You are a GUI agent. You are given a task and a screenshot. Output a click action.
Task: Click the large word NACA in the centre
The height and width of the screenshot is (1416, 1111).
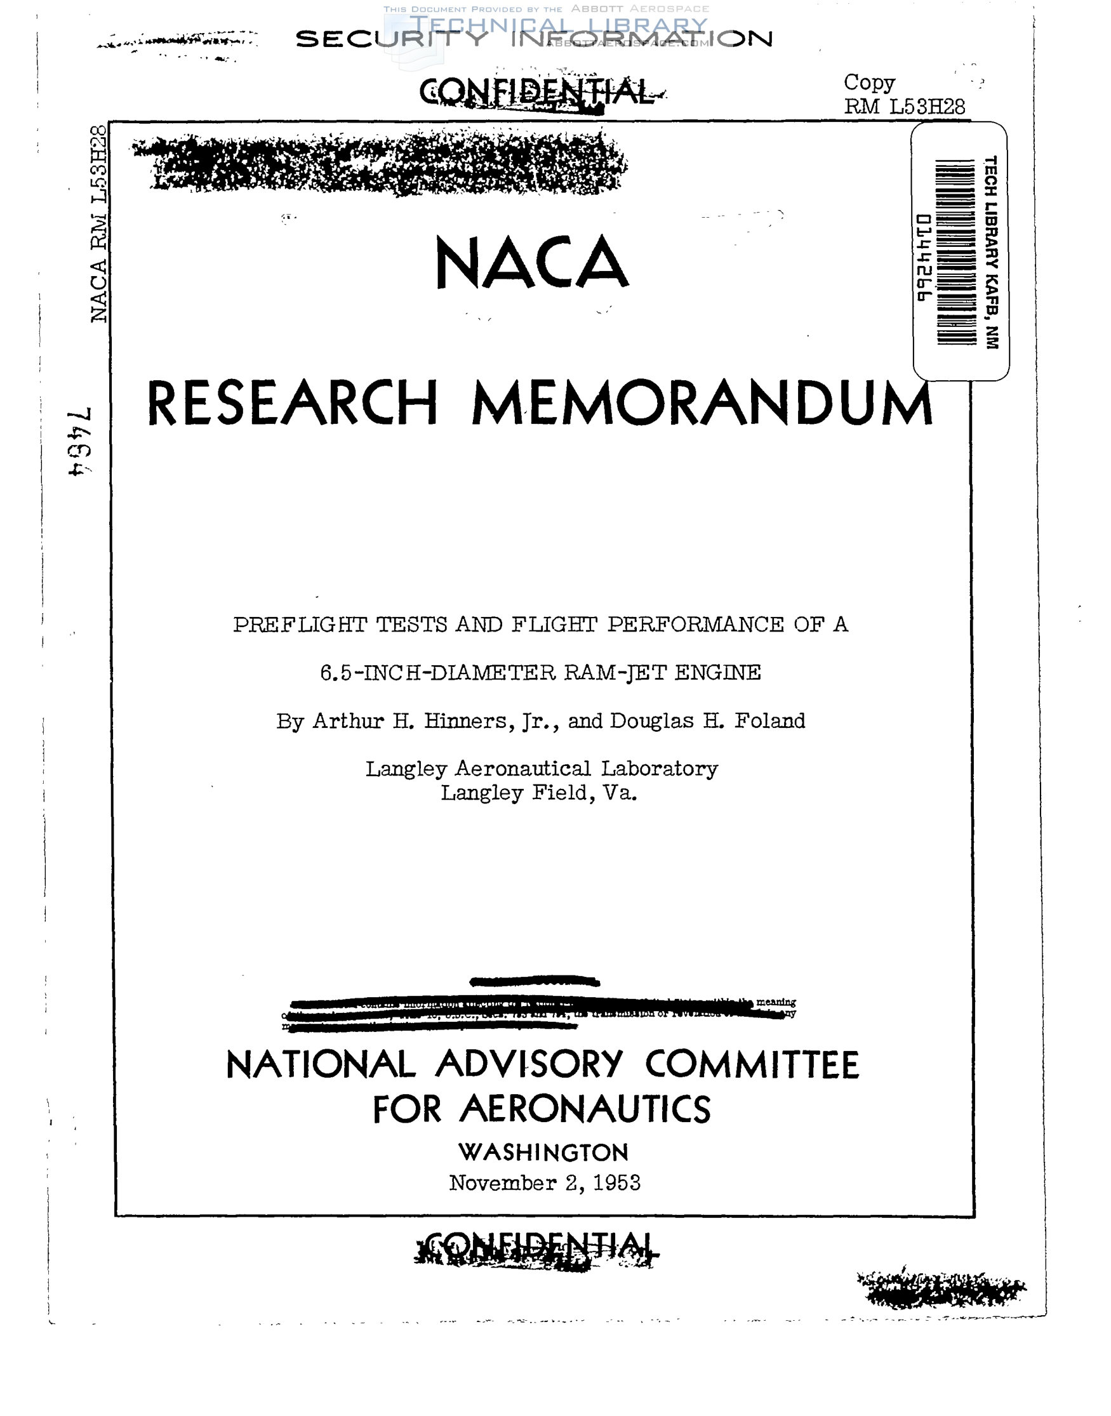531,263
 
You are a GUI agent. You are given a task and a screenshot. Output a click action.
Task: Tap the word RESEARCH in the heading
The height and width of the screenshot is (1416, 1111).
292,404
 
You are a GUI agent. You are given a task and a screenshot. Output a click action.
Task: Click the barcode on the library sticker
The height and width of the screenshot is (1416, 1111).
955,251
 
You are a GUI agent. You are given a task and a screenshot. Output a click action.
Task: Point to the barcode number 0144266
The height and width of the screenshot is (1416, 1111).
924,258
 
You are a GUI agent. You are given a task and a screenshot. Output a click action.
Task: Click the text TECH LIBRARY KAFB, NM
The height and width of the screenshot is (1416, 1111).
990,252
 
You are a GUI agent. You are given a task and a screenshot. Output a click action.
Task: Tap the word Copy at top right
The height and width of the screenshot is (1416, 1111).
869,83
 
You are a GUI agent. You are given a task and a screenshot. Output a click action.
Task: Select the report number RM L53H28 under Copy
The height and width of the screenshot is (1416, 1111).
904,107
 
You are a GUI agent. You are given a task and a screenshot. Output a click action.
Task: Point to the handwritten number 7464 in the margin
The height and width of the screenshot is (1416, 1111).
79,442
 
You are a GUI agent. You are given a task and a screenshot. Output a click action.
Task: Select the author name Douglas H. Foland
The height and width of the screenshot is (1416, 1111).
707,721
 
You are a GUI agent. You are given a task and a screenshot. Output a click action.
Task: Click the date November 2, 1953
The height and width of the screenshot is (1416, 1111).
545,1182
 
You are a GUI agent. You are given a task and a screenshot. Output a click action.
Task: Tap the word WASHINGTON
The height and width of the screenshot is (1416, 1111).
543,1153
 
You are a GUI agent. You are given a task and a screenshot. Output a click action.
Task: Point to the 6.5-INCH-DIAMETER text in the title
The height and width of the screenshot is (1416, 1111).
438,672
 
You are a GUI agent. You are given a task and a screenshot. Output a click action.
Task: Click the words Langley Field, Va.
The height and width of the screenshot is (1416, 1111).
538,793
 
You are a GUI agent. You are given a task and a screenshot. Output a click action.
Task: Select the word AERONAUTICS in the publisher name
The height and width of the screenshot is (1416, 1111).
585,1109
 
